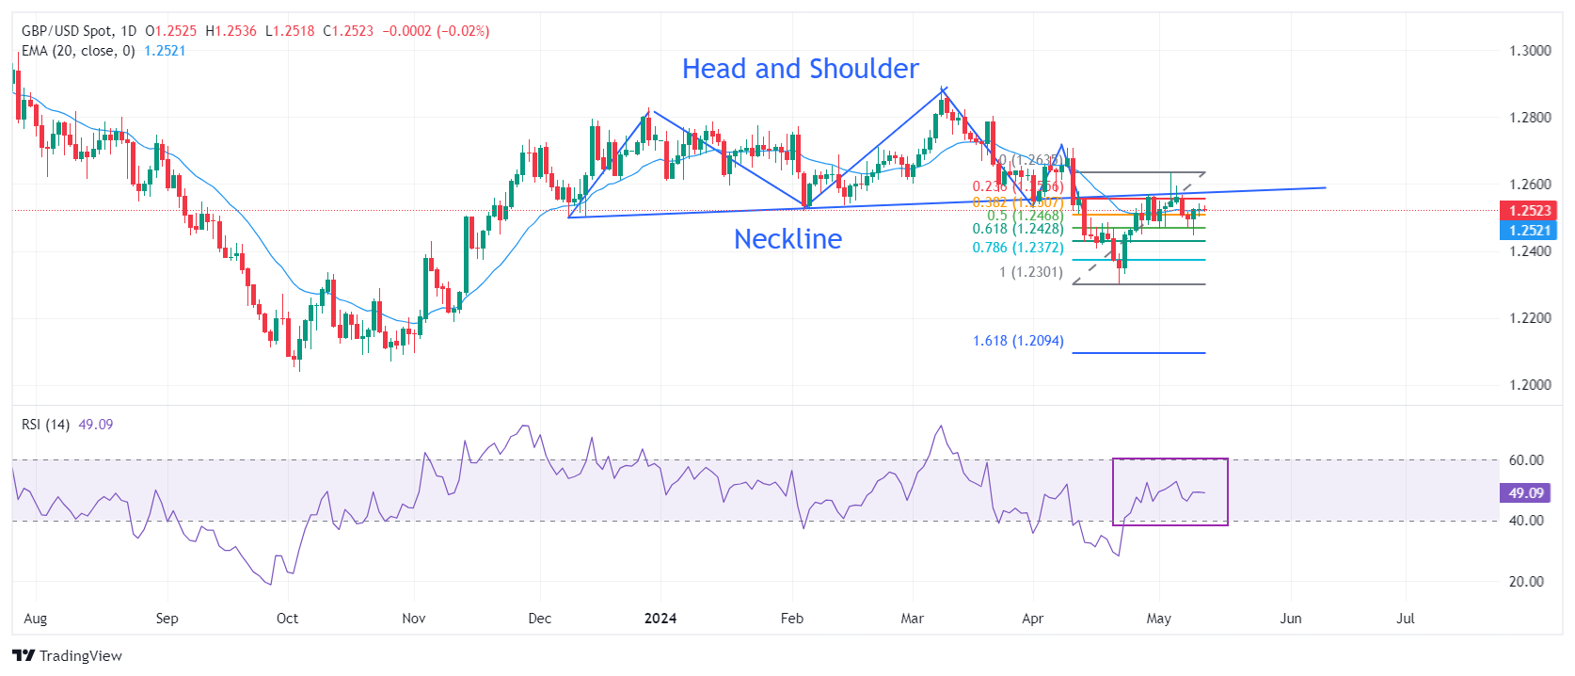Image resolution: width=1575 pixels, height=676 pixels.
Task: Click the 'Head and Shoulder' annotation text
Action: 800,69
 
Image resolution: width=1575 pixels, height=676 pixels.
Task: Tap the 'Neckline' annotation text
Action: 787,239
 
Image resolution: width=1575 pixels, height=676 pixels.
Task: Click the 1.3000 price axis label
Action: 1530,51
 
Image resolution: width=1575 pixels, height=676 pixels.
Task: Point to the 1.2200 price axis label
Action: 1530,318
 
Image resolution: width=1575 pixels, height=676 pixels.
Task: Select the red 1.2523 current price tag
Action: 1529,211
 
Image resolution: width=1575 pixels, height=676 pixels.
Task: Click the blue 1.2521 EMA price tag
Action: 1529,230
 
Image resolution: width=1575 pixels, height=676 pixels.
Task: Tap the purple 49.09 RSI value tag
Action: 1526,492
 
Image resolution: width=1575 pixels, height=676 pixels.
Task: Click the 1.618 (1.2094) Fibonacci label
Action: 1018,341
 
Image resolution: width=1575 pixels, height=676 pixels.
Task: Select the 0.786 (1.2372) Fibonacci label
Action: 1018,248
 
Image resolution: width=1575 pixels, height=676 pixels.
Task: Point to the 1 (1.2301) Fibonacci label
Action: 1031,272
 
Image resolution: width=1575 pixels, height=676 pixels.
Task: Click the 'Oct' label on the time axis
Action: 287,619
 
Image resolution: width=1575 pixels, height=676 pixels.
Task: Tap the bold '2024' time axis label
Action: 660,619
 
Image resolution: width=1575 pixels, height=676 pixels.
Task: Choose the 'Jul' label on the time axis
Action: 1406,619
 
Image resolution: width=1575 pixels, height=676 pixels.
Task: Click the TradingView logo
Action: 68,655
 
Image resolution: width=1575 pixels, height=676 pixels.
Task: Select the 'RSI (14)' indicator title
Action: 45,425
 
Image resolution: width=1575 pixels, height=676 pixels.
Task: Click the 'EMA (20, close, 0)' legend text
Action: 78,51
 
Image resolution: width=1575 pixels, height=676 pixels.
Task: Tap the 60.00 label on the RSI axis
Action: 1526,460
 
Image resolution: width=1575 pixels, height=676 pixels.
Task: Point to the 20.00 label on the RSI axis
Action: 1526,582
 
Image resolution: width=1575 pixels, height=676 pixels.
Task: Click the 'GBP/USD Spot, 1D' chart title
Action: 79,31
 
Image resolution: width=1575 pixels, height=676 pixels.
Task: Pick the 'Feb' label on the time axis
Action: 792,619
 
